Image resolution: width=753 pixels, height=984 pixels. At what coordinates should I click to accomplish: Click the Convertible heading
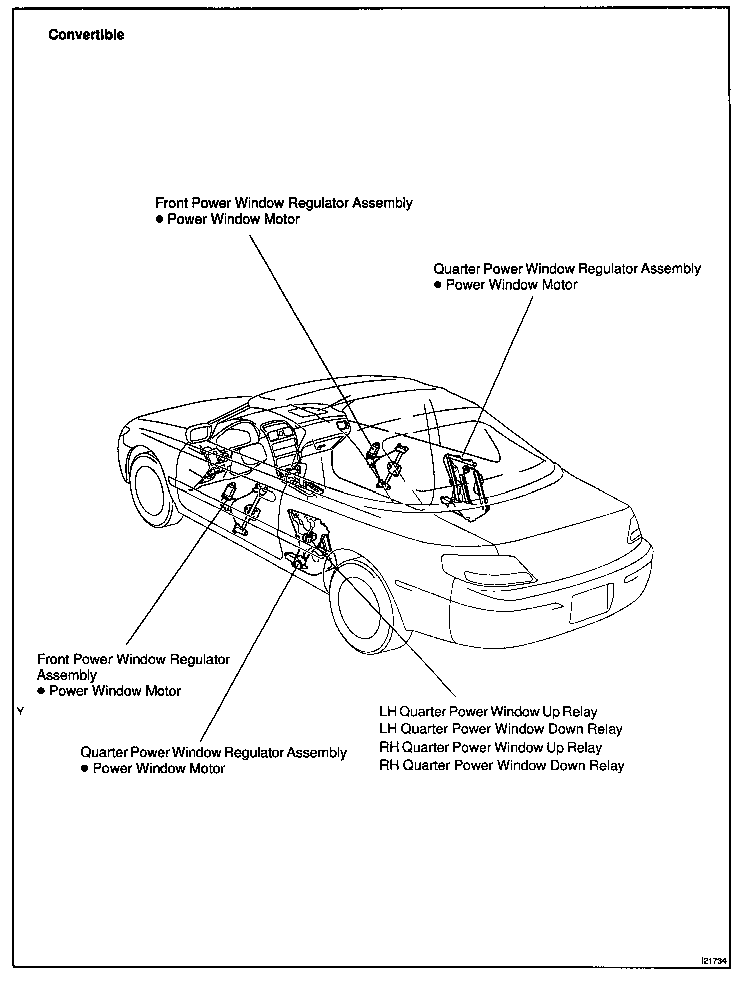pyautogui.click(x=86, y=35)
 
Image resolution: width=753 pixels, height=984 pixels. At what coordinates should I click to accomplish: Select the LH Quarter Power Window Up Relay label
pyautogui.click(x=488, y=712)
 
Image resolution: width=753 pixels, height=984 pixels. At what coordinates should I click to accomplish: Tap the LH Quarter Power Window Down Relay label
pyautogui.click(x=501, y=729)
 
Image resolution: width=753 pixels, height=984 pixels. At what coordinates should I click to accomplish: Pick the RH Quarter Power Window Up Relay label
pyautogui.click(x=491, y=748)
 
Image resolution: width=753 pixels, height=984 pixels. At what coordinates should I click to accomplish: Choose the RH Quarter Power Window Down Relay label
pyautogui.click(x=502, y=766)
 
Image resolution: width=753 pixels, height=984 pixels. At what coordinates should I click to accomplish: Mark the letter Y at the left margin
pyautogui.click(x=20, y=711)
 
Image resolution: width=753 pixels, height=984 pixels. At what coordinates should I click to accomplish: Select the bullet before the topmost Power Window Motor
pyautogui.click(x=159, y=219)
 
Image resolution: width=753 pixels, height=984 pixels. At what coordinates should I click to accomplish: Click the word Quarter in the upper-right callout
pyautogui.click(x=457, y=269)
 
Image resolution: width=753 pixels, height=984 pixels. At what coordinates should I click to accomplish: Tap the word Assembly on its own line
pyautogui.click(x=67, y=675)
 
